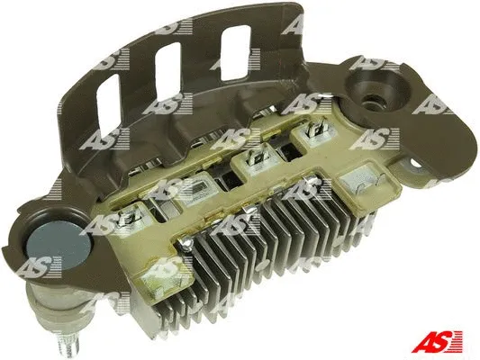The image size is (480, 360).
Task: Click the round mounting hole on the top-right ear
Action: [x=372, y=92]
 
